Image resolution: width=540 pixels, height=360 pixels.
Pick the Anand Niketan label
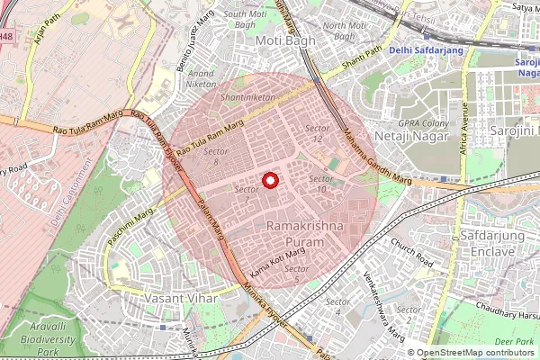[x=202, y=79]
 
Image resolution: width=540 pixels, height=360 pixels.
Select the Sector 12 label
[x=314, y=134]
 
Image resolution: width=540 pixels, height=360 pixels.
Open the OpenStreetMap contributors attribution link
[x=475, y=353]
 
